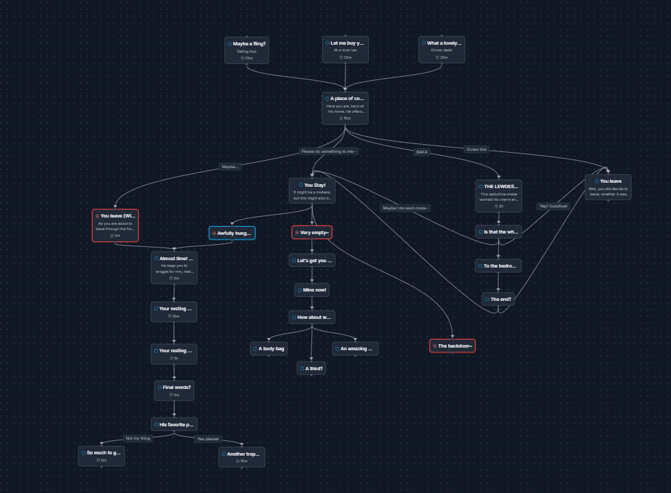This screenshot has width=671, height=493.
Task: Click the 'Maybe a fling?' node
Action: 247,50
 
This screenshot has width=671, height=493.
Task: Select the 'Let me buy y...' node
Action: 346,50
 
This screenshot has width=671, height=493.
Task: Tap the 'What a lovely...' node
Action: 442,50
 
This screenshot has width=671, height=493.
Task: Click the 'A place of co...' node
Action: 345,107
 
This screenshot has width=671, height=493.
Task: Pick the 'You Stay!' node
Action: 312,190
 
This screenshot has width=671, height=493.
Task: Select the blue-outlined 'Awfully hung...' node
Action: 232,233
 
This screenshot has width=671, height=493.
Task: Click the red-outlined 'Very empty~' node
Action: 311,232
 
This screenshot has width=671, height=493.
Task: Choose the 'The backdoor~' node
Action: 452,346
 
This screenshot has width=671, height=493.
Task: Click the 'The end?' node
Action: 499,299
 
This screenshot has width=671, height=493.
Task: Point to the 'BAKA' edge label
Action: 422,151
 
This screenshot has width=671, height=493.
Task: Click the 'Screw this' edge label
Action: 477,149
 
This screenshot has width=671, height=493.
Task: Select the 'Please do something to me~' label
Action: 329,151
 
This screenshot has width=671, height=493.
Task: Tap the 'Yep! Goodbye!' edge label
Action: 553,206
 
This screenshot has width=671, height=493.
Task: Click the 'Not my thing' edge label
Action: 137,438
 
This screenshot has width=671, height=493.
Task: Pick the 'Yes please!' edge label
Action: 208,439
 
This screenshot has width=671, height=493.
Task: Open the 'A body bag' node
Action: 269,348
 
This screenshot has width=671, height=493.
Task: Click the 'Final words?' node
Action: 174,390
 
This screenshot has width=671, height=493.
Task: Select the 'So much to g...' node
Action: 101,456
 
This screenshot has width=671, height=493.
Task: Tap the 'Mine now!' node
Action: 312,290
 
